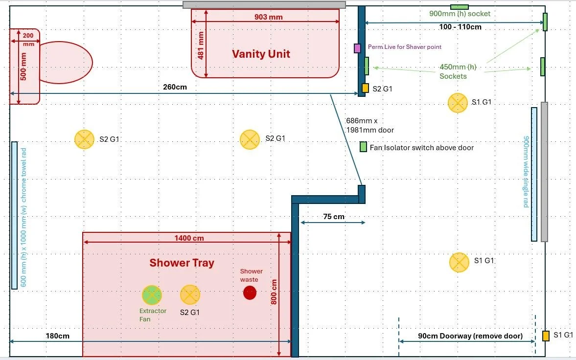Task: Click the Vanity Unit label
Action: [261, 54]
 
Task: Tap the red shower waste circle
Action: [250, 293]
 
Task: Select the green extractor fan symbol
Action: [152, 295]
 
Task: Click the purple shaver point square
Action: [358, 48]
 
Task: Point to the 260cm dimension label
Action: [175, 87]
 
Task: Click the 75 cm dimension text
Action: [333, 216]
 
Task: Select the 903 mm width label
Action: [269, 17]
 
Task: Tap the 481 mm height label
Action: [200, 45]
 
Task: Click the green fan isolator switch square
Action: [363, 147]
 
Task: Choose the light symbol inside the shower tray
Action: [190, 294]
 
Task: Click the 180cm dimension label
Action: [57, 336]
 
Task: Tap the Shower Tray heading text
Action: [182, 263]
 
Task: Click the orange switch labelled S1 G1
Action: [546, 336]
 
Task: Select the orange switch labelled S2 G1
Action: [365, 88]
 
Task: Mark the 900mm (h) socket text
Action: [460, 14]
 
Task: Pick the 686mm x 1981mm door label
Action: [369, 125]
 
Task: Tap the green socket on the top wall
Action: [459, 7]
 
